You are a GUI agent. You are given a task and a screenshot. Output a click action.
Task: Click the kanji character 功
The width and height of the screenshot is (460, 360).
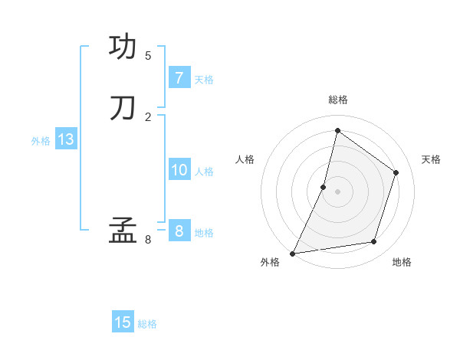click(123, 47)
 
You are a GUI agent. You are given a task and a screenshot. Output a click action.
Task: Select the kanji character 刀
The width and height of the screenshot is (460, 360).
click(123, 107)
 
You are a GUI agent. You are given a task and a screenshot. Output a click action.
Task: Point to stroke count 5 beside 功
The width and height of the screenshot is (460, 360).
click(148, 56)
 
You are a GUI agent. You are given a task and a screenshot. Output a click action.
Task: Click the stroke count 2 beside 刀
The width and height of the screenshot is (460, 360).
click(148, 116)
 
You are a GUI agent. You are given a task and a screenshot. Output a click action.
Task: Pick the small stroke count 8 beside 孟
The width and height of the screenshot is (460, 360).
click(148, 240)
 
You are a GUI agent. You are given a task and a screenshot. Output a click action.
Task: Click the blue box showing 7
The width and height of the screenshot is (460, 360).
click(179, 77)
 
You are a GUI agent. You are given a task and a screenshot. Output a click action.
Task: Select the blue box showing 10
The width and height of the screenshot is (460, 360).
click(179, 170)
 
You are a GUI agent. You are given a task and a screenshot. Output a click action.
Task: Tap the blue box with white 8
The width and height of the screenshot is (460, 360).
click(179, 231)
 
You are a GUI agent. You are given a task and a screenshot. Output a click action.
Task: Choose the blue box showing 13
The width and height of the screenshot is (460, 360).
click(65, 139)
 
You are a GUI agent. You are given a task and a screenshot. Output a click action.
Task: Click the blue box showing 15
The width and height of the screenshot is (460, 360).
click(123, 322)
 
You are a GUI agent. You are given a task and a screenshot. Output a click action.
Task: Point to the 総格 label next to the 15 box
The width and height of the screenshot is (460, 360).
click(147, 324)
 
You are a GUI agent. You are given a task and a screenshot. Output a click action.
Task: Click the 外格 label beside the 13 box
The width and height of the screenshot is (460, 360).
click(41, 141)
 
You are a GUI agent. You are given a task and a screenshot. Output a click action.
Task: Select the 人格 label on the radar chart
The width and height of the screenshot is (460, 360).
click(245, 159)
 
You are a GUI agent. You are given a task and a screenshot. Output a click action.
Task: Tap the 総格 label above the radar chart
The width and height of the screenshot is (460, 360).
click(337, 100)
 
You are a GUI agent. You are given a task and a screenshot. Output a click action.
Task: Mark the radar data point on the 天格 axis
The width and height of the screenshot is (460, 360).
click(396, 172)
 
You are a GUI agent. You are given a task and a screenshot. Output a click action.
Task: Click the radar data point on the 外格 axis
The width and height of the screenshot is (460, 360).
click(293, 253)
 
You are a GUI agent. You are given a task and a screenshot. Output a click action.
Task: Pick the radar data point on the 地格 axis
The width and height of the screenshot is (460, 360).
click(374, 242)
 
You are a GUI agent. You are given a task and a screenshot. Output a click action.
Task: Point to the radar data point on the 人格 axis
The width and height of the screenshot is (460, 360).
click(324, 187)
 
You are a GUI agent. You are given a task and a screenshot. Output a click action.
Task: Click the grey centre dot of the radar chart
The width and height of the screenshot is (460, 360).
click(337, 191)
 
